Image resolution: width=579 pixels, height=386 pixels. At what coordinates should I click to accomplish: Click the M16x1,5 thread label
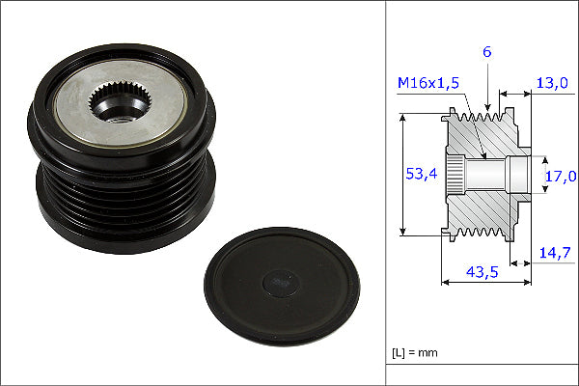pyautogui.click(x=428, y=83)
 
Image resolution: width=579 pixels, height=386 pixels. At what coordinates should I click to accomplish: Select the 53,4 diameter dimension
pyautogui.click(x=422, y=174)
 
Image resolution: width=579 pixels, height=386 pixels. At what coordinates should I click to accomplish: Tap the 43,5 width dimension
pyautogui.click(x=482, y=272)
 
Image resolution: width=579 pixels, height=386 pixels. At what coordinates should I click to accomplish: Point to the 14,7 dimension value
pyautogui.click(x=555, y=253)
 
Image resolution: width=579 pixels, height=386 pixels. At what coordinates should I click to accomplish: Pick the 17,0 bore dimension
pyautogui.click(x=561, y=177)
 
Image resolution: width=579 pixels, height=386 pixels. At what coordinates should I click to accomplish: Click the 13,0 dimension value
pyautogui.click(x=552, y=83)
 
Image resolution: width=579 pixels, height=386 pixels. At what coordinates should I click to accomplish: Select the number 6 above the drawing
pyautogui.click(x=487, y=52)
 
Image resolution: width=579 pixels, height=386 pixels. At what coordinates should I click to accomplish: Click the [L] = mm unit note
pyautogui.click(x=415, y=353)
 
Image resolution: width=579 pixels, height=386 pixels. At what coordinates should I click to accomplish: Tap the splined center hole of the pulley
pyautogui.click(x=118, y=102)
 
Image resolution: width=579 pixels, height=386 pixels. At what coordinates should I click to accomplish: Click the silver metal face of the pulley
pyautogui.click(x=120, y=103)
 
